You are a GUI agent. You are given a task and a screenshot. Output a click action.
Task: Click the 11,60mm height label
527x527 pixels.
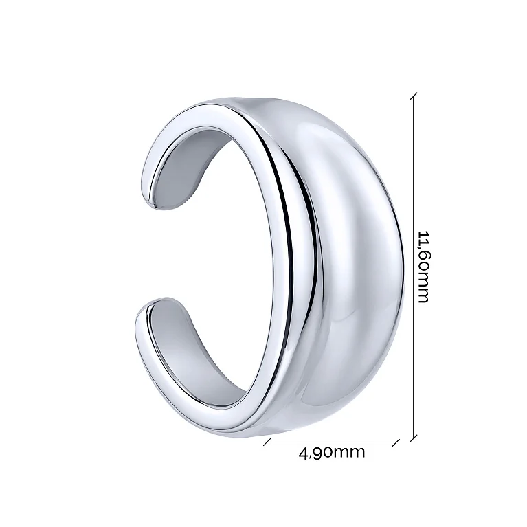pyautogui.click(x=423, y=267)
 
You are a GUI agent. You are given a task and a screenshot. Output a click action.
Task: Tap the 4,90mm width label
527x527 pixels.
pyautogui.click(x=331, y=452)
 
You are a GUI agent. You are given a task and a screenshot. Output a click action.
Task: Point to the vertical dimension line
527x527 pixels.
pyautogui.click(x=414, y=267)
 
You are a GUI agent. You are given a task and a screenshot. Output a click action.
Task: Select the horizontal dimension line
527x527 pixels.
pyautogui.click(x=331, y=442)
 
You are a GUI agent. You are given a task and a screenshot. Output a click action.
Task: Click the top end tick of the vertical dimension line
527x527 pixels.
pyautogui.click(x=414, y=96)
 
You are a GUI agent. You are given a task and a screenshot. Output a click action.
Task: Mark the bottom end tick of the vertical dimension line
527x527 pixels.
pyautogui.click(x=414, y=438)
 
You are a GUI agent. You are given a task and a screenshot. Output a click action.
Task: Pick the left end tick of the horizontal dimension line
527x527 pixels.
pyautogui.click(x=267, y=442)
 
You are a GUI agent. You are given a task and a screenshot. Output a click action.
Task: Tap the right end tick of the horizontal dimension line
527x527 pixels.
pyautogui.click(x=396, y=442)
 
